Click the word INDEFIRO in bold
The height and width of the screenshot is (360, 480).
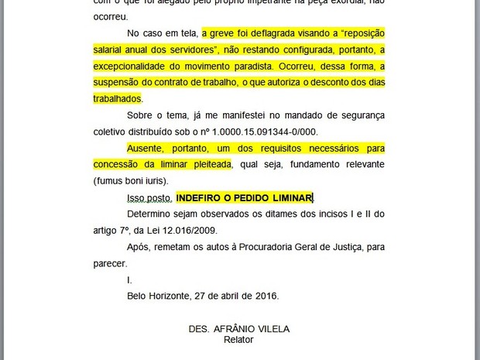(x=202, y=198)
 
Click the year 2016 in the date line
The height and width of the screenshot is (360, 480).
(x=266, y=296)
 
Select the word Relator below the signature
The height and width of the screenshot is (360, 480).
(x=238, y=340)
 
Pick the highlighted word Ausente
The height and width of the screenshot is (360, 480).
(x=146, y=148)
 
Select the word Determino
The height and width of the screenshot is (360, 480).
(x=153, y=214)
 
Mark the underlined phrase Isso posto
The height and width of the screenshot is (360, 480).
(x=147, y=198)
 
